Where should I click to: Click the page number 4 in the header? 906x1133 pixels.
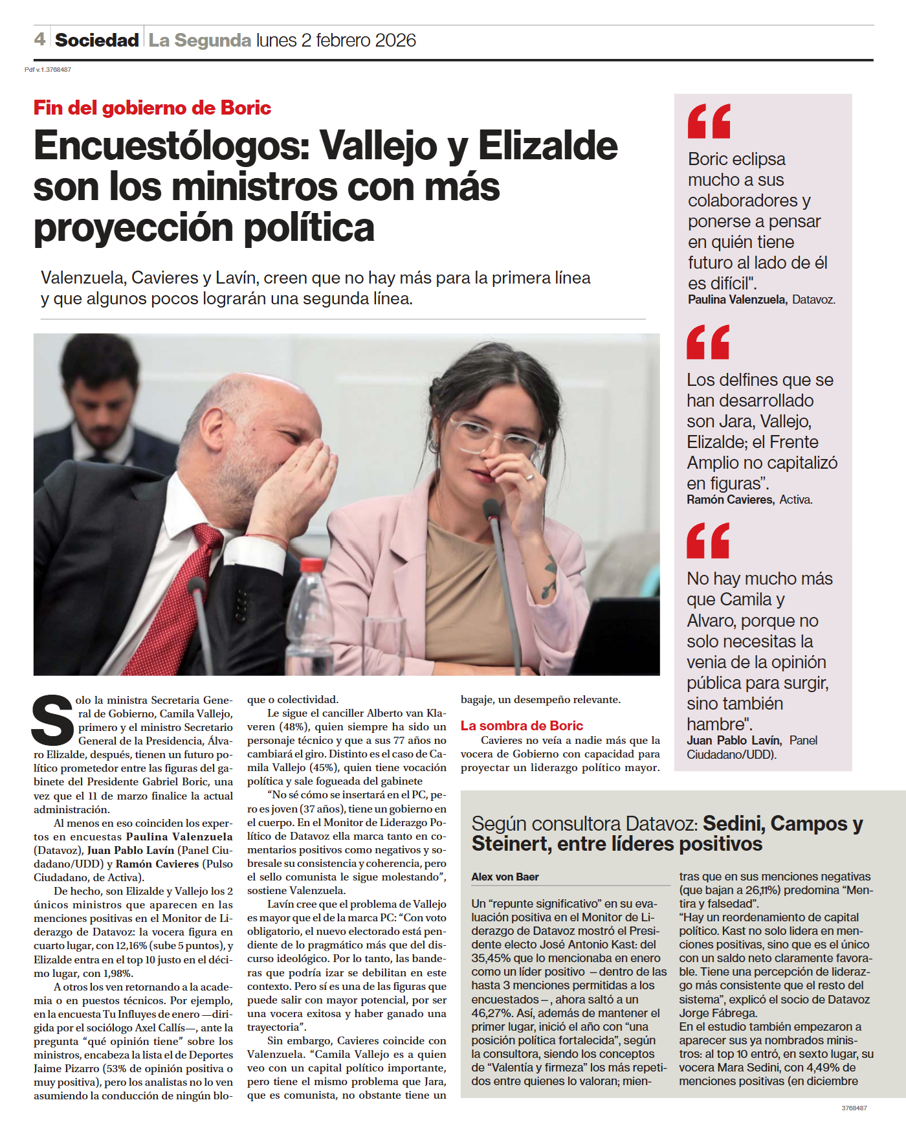point(39,39)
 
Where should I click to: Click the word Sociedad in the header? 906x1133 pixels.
point(96,40)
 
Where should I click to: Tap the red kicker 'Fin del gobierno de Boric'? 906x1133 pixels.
point(152,107)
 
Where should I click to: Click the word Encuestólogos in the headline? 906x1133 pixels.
point(171,146)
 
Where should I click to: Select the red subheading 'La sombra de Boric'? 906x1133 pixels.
point(522,726)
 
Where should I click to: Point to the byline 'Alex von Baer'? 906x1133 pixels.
point(505,877)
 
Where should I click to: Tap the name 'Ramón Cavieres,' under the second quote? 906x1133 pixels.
point(730,500)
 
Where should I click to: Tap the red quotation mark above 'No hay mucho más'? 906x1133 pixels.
point(708,541)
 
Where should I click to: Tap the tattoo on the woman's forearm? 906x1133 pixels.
point(549,576)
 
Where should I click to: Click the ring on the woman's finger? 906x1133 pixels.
point(529,477)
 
